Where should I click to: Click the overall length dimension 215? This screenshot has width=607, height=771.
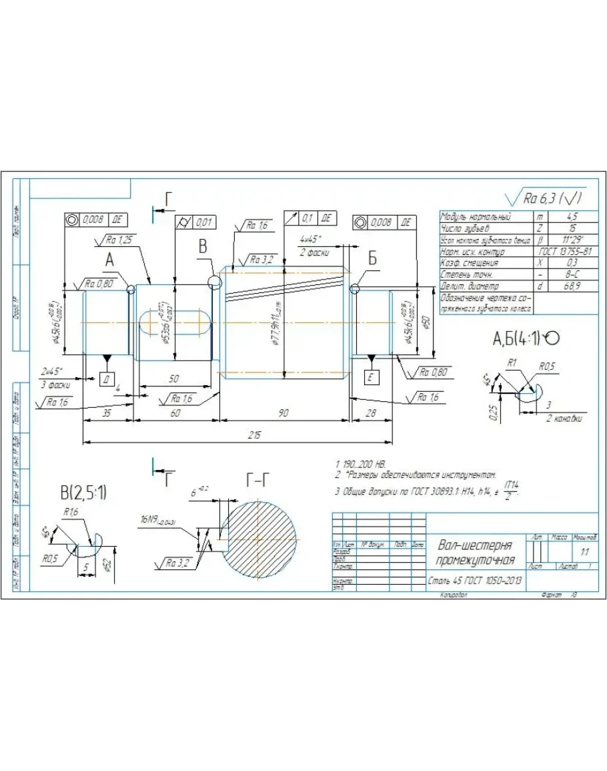click(x=254, y=435)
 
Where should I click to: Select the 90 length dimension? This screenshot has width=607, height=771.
click(x=284, y=414)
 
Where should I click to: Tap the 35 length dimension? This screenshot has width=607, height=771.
click(x=107, y=414)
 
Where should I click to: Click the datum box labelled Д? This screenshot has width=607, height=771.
click(x=107, y=378)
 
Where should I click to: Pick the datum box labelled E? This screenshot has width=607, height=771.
click(x=371, y=378)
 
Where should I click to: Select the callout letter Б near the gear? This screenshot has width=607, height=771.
click(x=372, y=260)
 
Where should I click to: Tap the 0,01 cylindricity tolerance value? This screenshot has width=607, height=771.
click(x=203, y=222)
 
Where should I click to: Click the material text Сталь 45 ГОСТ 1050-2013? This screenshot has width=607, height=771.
click(x=475, y=580)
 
